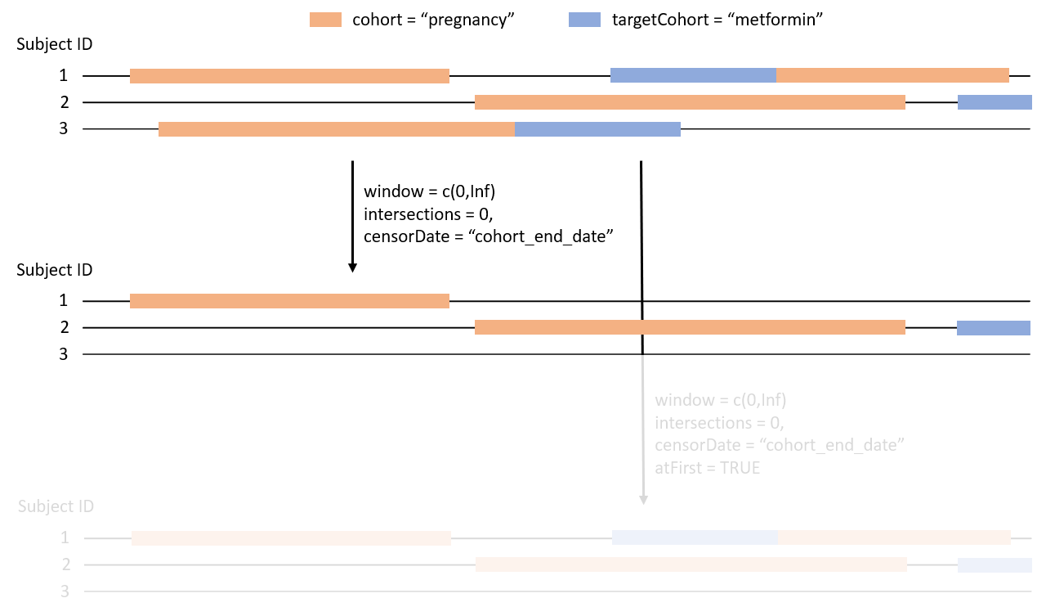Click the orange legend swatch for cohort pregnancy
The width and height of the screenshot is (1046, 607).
[x=326, y=20]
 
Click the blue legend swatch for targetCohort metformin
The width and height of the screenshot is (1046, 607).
[x=585, y=20]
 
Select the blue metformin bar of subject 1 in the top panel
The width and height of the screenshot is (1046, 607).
[x=693, y=75]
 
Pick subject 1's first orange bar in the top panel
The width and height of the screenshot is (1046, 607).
[x=289, y=75]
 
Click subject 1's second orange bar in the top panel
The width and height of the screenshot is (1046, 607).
[x=892, y=75]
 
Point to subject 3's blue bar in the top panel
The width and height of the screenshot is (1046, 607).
[x=597, y=129]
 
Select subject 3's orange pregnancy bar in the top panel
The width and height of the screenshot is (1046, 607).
[x=336, y=129]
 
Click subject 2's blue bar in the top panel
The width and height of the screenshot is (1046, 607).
[x=995, y=102]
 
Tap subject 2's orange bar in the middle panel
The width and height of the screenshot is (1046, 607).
[x=690, y=327]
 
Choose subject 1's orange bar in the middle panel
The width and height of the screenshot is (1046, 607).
[x=289, y=300]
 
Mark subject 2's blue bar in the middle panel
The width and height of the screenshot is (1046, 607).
[x=994, y=327]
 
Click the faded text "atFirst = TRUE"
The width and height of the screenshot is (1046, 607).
[x=707, y=468]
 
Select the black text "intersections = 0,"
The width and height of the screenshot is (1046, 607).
[x=427, y=214]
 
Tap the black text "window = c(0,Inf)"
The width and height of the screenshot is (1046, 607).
[x=430, y=192]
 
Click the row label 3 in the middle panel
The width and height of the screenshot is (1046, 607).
[x=63, y=354]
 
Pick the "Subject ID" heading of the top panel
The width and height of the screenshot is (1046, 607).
[x=55, y=44]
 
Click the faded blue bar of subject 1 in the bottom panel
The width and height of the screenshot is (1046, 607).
[x=695, y=537]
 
